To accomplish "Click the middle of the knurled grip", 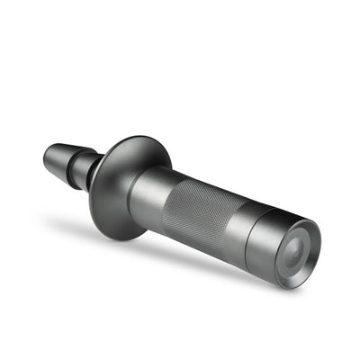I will [204, 211].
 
